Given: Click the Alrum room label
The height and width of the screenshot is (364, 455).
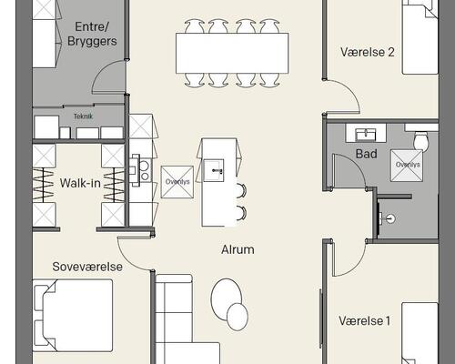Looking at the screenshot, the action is coord(238,249).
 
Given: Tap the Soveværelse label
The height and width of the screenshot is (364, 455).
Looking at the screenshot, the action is coord(87,267).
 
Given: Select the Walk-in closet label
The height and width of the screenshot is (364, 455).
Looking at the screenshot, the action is coord(80,183).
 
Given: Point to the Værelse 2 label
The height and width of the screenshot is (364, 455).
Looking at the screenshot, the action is coord(368,52).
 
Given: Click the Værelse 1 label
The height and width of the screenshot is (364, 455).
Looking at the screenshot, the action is coord(364,320).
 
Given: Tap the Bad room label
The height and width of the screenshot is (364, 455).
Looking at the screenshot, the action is coord(367,154).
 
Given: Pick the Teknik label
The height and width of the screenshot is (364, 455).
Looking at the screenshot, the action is coord(83,116).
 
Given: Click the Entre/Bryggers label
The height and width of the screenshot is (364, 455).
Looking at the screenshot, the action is coord(92,34).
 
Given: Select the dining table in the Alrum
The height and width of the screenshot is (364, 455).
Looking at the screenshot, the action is coord(232,54).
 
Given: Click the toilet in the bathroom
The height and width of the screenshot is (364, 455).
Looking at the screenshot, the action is coord(421,140).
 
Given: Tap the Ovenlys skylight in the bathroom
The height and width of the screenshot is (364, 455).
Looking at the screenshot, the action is coord(407,166).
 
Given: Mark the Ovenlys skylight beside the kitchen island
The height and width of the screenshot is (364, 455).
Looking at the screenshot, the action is coord(177,182).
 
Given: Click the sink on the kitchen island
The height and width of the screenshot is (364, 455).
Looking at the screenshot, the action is coord(214,170).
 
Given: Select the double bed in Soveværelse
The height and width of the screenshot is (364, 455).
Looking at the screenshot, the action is coord(73,316).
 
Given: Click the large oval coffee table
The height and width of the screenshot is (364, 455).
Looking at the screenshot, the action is coord(227,298).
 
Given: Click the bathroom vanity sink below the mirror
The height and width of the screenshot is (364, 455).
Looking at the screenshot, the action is coord(366,134).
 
